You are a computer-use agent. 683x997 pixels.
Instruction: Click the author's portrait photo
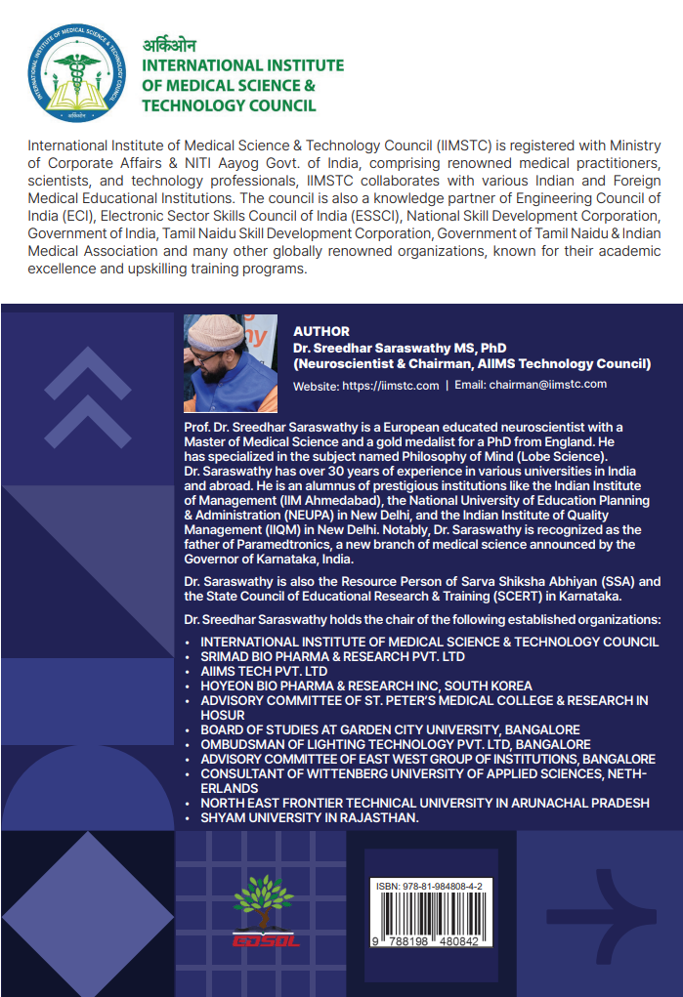pos(231,363)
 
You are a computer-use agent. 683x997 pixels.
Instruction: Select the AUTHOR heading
pos(320,332)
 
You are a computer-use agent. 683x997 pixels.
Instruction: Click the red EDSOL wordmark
pos(265,940)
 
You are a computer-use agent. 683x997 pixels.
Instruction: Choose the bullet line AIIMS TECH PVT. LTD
pos(264,672)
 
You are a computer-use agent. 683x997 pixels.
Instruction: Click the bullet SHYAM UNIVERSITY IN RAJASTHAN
pos(310,817)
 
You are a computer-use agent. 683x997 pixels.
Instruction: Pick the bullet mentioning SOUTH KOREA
pos(366,686)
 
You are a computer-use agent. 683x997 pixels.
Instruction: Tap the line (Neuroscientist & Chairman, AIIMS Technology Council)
pos(472,364)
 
